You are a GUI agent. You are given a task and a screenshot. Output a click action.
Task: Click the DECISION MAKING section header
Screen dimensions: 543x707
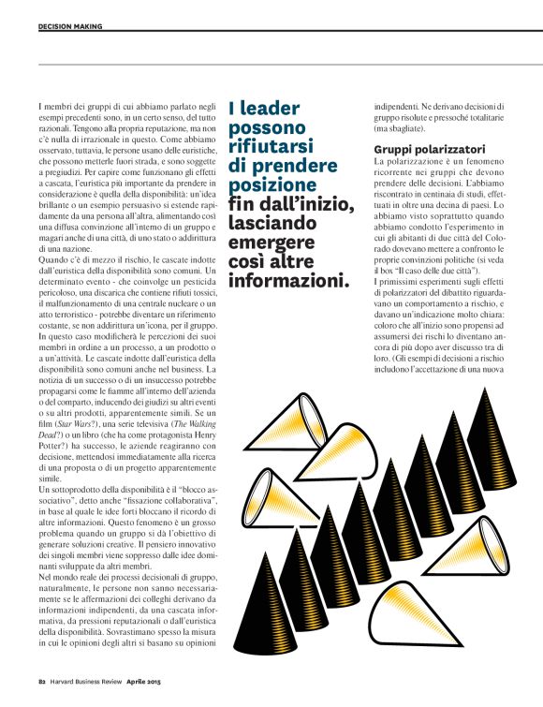click(x=70, y=26)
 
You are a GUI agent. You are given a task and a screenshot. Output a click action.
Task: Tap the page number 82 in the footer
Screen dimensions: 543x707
click(x=42, y=695)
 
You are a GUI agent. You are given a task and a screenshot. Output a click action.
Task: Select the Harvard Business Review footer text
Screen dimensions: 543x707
click(x=97, y=695)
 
